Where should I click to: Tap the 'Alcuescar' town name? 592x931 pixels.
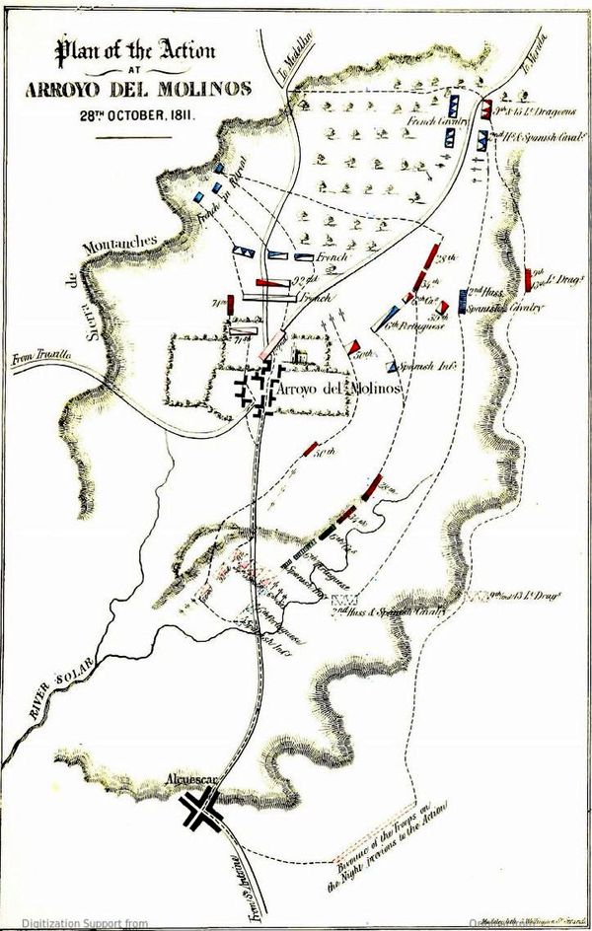(193, 783)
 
